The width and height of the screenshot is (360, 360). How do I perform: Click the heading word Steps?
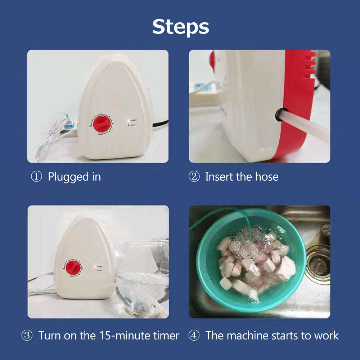[180, 27]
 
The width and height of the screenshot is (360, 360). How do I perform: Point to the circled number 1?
[36, 177]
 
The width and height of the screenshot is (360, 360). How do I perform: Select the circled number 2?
[194, 177]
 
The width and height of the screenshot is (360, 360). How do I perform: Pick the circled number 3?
[27, 336]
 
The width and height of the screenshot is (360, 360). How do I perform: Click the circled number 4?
[194, 336]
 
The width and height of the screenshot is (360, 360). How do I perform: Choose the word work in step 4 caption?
[325, 336]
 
